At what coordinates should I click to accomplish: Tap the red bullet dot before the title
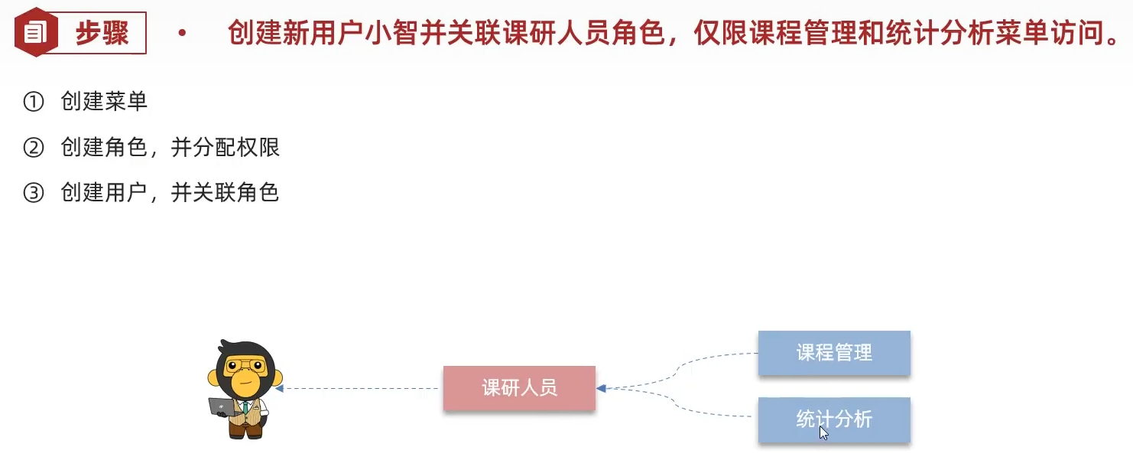tap(181, 34)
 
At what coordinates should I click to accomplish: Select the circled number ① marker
tap(34, 102)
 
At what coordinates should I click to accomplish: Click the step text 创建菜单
tap(104, 102)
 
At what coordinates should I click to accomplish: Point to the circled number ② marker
tap(34, 147)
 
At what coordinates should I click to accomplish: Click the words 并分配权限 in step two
tap(226, 147)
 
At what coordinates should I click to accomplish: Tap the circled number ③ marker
tap(34, 192)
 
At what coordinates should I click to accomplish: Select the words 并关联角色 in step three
tap(225, 192)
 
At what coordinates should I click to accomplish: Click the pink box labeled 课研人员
tap(519, 388)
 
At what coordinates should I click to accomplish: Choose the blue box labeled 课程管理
tap(834, 353)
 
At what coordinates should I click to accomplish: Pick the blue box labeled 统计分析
tap(834, 419)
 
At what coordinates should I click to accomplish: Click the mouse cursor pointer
tap(823, 433)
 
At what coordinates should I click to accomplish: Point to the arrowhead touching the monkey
tap(280, 389)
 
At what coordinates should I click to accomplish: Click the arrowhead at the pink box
tap(602, 389)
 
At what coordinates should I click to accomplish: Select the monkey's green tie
tap(245, 405)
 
